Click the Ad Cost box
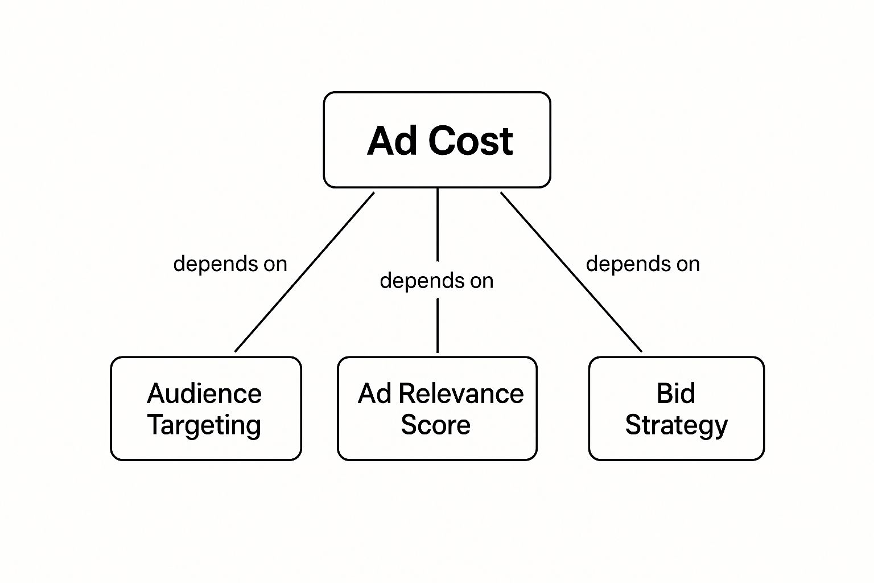(x=437, y=140)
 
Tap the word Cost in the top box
(x=471, y=141)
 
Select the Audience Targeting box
(x=206, y=408)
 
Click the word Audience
(x=204, y=393)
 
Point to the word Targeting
(x=204, y=425)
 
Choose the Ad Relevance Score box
(x=438, y=408)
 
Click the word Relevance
(x=461, y=393)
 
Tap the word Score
(x=435, y=425)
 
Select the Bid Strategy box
(x=677, y=408)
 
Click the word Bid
(x=676, y=393)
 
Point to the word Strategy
(x=677, y=425)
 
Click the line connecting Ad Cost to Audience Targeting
(x=304, y=272)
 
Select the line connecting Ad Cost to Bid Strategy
(x=571, y=272)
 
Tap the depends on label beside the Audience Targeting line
(x=230, y=264)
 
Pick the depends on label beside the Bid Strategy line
(x=643, y=264)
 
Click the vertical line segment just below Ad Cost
(x=438, y=225)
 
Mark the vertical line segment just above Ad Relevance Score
(x=438, y=326)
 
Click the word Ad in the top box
(x=392, y=141)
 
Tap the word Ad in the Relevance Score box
(x=374, y=393)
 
